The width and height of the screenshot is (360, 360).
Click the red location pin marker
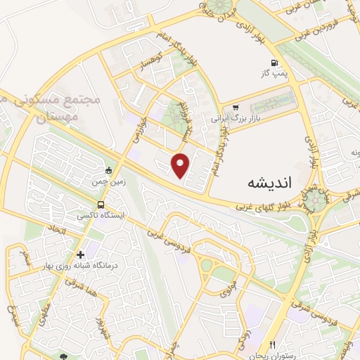(x=181, y=165)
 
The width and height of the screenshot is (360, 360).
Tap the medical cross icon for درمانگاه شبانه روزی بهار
(x=82, y=255)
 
